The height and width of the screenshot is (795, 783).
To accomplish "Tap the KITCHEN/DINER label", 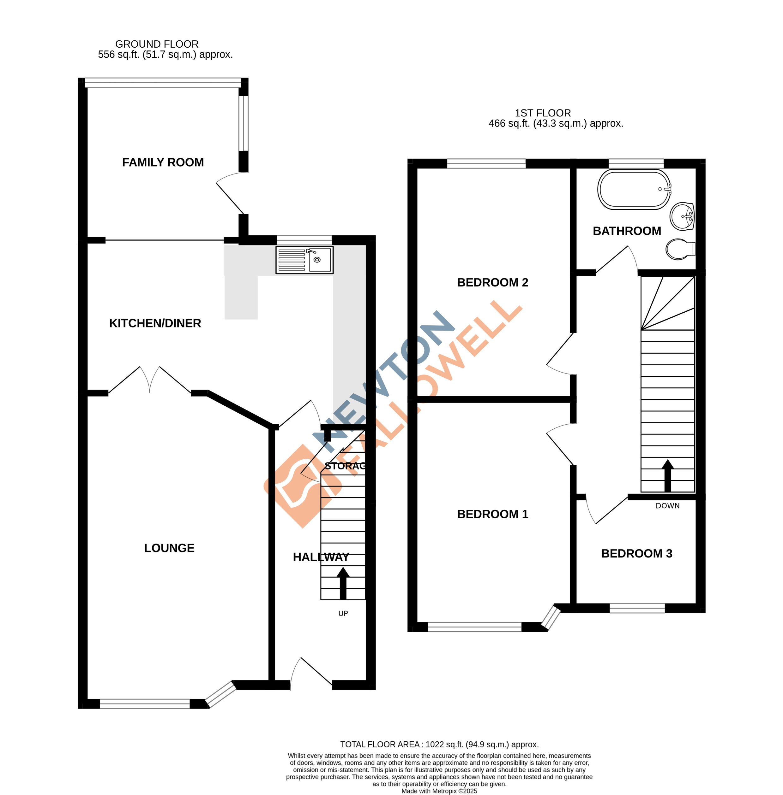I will coord(155,323).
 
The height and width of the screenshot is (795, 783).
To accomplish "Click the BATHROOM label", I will coord(627,231).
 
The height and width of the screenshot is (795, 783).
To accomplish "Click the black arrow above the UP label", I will coord(343,583).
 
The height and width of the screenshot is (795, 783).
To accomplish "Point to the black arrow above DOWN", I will coord(667,475).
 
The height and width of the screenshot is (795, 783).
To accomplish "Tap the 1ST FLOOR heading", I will coord(542,113).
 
